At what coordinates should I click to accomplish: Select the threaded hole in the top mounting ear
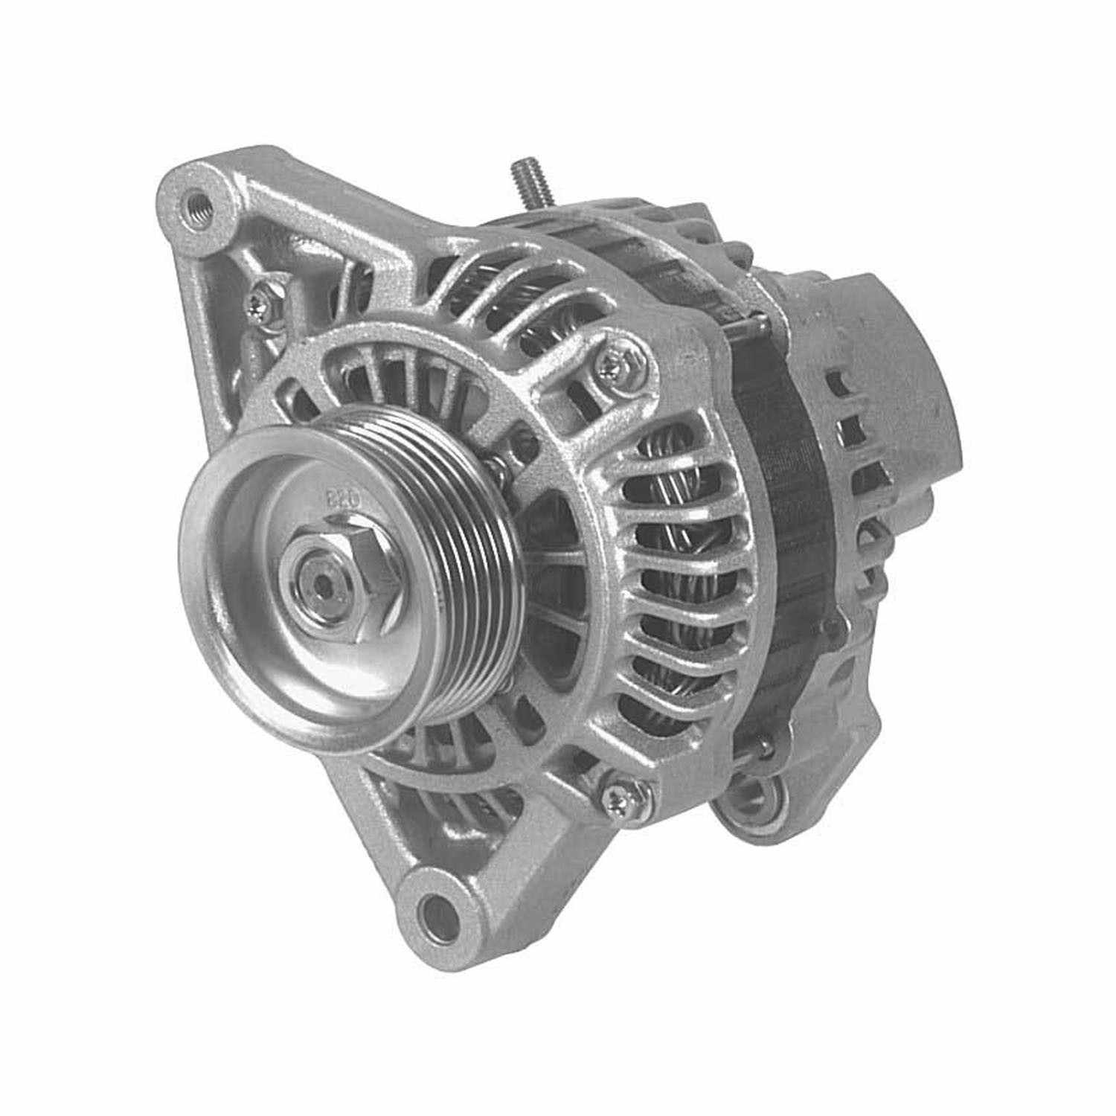tap(196, 199)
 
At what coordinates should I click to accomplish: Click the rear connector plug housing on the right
tap(893, 350)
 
